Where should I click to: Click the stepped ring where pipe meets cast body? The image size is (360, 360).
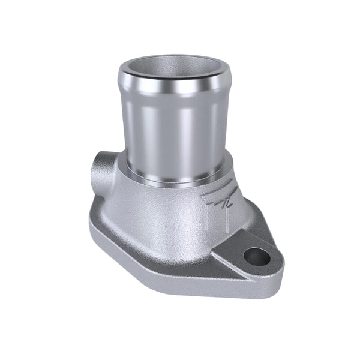click(x=174, y=177)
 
